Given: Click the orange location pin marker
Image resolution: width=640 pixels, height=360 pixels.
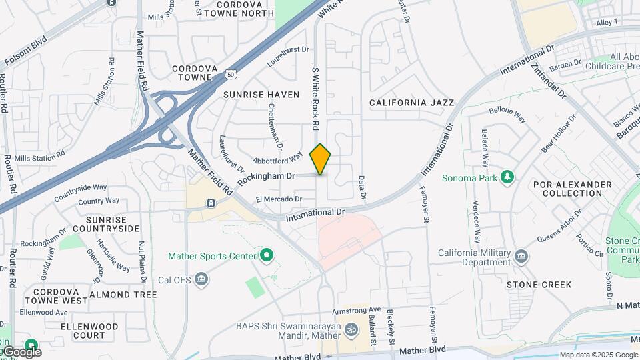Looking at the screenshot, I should point(321,159).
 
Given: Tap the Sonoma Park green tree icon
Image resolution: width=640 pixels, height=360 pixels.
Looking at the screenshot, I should point(508,177).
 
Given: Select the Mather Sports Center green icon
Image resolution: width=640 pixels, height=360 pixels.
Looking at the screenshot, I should point(267,255).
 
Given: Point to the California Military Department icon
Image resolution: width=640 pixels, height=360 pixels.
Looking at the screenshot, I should point(522,257).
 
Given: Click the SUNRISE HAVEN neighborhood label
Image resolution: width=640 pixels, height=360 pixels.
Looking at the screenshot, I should point(261,95).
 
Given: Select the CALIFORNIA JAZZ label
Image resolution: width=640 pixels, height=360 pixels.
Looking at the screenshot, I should point(411,103).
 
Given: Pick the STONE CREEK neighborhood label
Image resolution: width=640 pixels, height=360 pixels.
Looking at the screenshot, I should point(539,285).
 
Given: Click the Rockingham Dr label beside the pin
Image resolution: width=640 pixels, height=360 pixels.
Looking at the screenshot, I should point(266,177).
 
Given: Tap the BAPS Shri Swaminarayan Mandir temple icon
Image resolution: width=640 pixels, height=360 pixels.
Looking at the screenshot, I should point(351,329).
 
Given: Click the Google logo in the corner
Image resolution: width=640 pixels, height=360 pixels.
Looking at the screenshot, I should point(21,351).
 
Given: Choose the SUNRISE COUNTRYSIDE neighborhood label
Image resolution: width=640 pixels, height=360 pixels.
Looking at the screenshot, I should point(113,224).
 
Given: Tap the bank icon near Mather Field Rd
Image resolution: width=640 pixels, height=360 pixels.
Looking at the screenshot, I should point(210,203).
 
